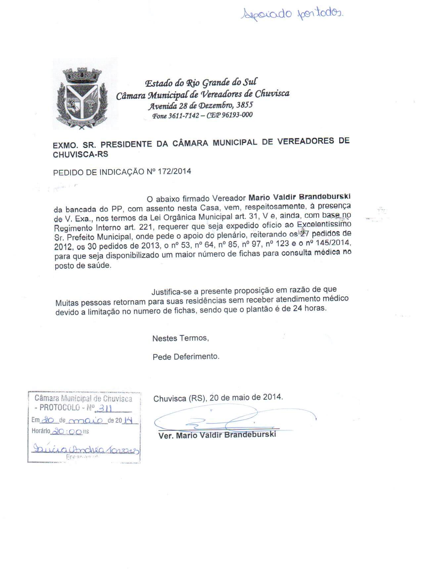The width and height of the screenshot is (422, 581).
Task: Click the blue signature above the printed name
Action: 232,420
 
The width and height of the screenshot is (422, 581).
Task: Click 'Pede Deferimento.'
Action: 186,357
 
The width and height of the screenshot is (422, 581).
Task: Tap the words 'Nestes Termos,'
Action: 180,338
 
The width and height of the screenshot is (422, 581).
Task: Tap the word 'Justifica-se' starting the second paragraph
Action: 171,292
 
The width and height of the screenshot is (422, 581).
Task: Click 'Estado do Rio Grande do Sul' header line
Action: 201,83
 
